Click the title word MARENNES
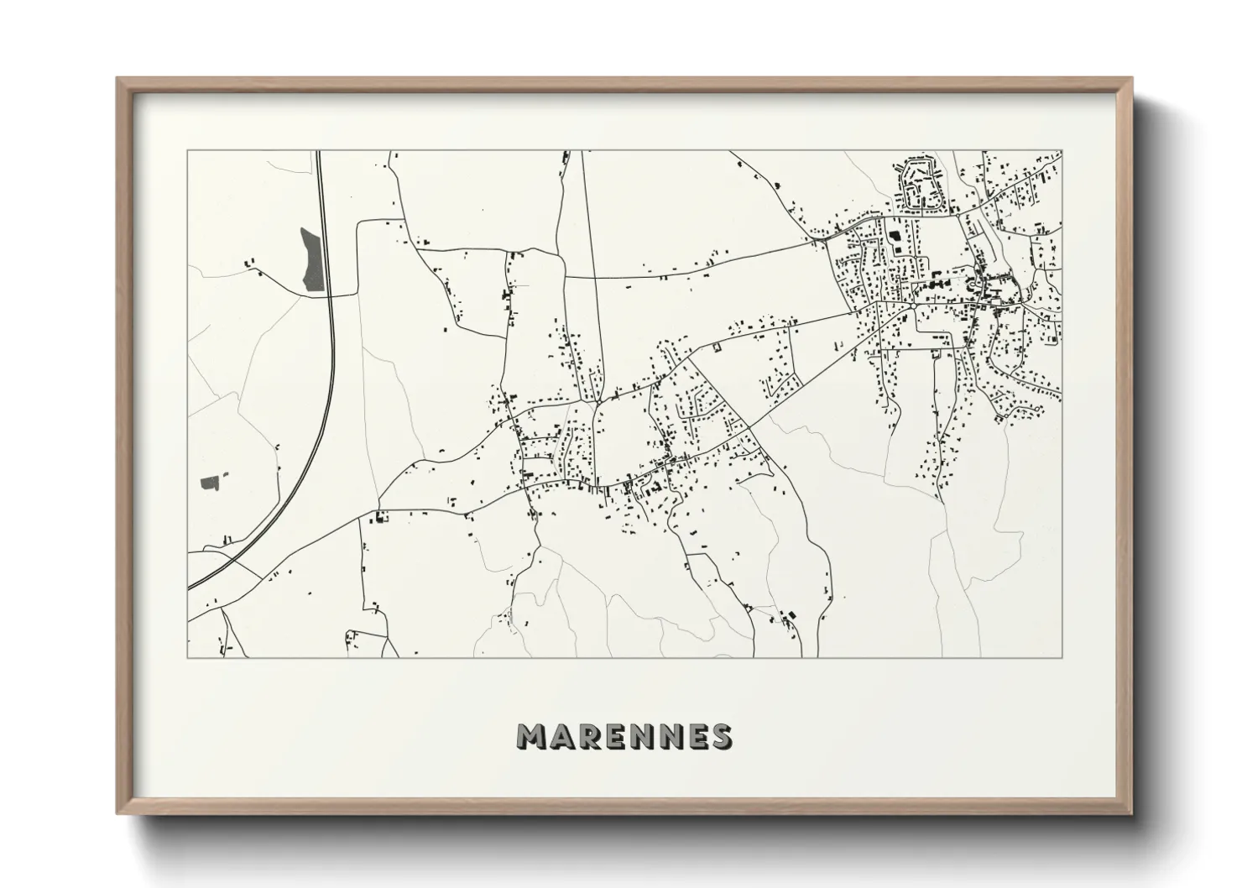tap(624, 736)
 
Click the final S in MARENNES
tap(719, 736)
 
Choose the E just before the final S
tap(695, 736)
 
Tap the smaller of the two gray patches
tap(210, 483)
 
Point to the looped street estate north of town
tap(922, 185)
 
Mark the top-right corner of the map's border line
tap(1062, 151)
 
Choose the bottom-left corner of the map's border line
tap(187, 657)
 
